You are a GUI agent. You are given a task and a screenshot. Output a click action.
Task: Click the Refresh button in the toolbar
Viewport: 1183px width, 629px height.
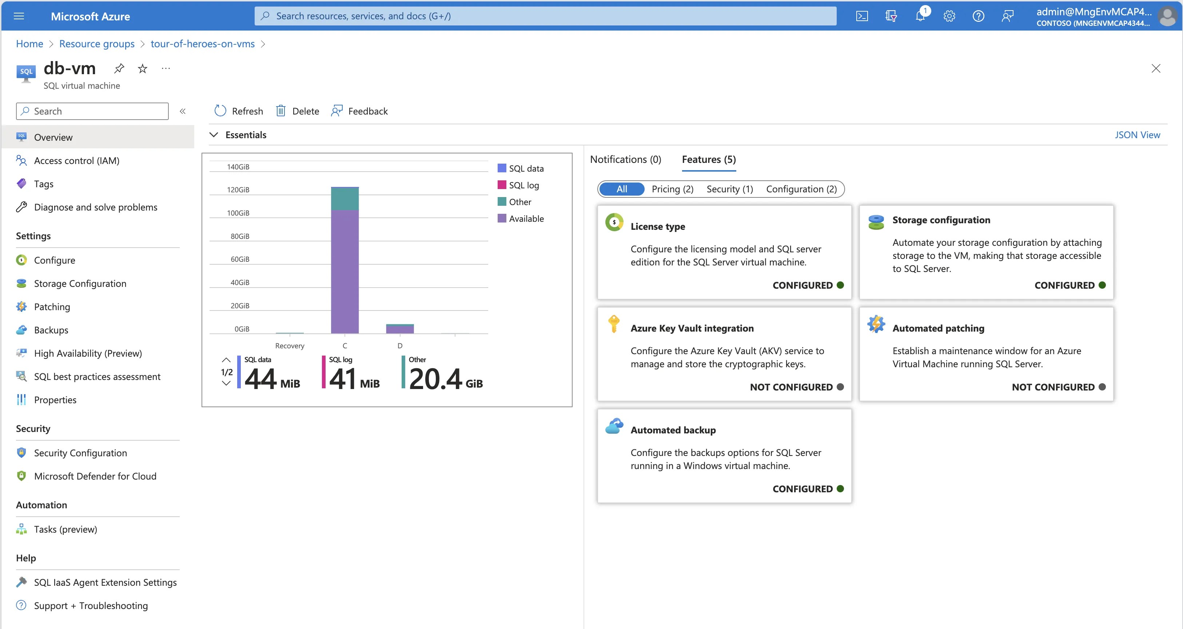pos(238,111)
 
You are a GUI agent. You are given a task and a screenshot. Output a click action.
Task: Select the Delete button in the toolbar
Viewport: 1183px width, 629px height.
pos(297,111)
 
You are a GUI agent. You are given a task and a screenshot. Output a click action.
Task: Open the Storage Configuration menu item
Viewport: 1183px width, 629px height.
pos(80,283)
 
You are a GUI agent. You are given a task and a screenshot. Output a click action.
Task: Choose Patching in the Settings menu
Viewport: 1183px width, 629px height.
pos(52,307)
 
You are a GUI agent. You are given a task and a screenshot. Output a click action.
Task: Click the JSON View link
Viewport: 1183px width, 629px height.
pos(1137,135)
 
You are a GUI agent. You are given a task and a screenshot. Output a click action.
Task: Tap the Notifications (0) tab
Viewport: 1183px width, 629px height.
pos(625,159)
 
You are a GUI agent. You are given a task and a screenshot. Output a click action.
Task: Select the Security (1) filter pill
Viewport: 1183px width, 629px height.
pos(729,189)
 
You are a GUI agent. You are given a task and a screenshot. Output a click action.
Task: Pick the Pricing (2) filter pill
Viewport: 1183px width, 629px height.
pos(672,189)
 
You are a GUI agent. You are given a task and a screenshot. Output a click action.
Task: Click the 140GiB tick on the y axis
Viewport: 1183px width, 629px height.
pos(238,167)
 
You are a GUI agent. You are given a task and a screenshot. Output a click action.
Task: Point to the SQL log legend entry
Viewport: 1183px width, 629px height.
pos(523,185)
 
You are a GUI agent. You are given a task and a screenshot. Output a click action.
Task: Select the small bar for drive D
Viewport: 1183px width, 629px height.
pos(399,329)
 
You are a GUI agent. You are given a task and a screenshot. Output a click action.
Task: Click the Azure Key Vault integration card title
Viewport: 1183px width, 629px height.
pos(692,328)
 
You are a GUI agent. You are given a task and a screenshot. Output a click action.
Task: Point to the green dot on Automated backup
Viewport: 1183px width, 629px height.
pos(840,489)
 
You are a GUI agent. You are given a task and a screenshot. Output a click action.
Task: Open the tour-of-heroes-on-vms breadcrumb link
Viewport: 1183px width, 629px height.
pos(203,44)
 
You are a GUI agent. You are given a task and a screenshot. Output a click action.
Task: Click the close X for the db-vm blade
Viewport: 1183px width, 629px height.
pos(1155,68)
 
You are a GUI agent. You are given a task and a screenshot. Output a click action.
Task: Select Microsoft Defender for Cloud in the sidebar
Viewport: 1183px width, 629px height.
pos(95,476)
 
